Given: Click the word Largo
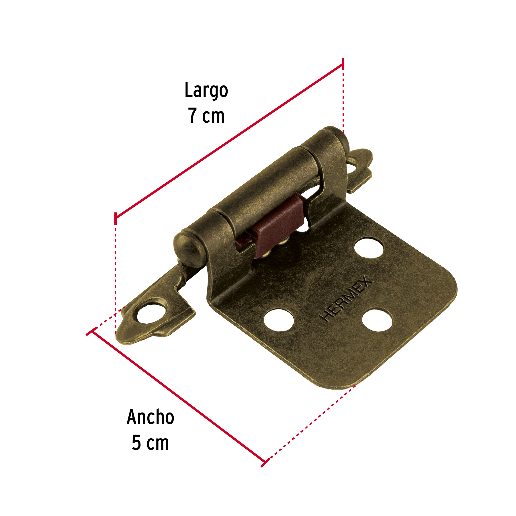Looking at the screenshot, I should point(206,91).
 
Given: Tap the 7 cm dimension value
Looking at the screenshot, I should point(206,116).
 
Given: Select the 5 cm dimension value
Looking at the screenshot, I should point(150,443).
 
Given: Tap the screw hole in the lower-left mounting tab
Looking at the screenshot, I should point(151,314).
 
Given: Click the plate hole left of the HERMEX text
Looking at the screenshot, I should point(279,320).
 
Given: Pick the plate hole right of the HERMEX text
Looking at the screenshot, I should point(377,320).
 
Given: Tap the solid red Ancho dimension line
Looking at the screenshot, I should point(178,398).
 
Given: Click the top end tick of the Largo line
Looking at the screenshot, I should point(343,64).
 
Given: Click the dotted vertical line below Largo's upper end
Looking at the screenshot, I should point(343,100).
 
